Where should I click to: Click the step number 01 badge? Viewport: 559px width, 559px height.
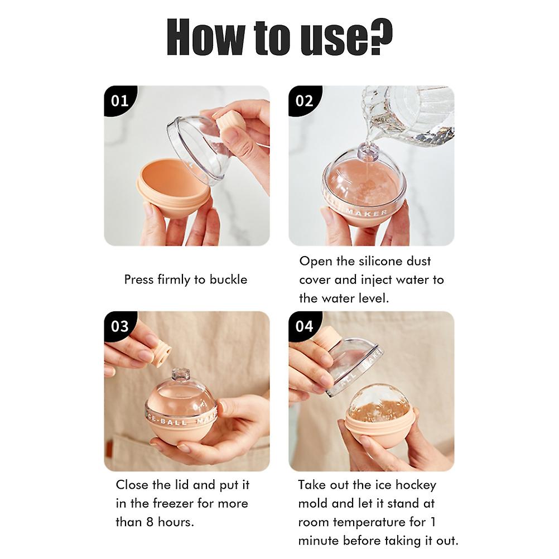click(x=119, y=101)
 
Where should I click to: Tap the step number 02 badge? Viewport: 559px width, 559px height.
click(x=304, y=101)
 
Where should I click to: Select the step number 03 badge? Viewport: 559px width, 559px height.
click(x=119, y=326)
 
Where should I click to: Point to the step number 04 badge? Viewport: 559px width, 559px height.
click(x=304, y=326)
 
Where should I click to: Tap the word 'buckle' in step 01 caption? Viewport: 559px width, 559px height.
click(x=228, y=279)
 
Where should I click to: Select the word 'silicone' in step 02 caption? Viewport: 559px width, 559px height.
click(x=373, y=261)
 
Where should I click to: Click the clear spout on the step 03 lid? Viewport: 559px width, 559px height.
click(x=180, y=375)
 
